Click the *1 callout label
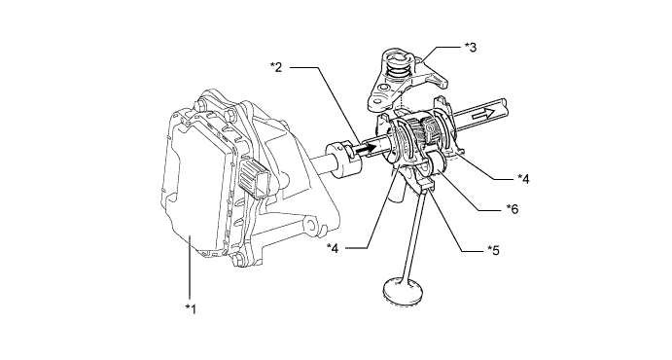coord(191,308)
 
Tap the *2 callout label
coord(276,67)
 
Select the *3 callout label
coord(470,47)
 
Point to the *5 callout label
coord(493,250)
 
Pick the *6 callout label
coord(513,209)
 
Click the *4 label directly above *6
coord(523,178)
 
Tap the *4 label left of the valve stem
coord(333,248)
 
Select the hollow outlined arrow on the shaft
coord(482,113)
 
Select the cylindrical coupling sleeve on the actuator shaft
coord(343,157)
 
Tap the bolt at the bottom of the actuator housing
coord(240,259)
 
